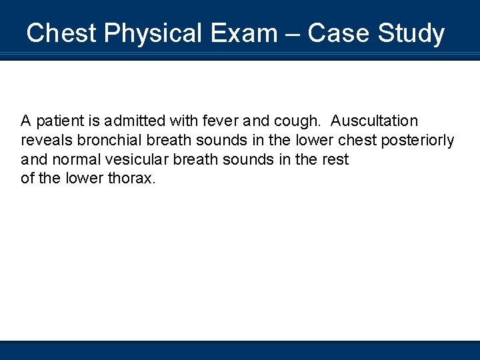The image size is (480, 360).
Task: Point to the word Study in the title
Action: pyautogui.click(x=411, y=33)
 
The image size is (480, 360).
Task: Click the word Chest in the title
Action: pyautogui.click(x=57, y=33)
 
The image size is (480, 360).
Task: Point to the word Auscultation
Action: pyautogui.click(x=375, y=121)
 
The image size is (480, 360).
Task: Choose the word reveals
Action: pyautogui.click(x=47, y=141)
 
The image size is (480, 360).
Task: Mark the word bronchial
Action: pyautogui.click(x=107, y=141)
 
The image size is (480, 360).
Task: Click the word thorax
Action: pyautogui.click(x=131, y=179)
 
